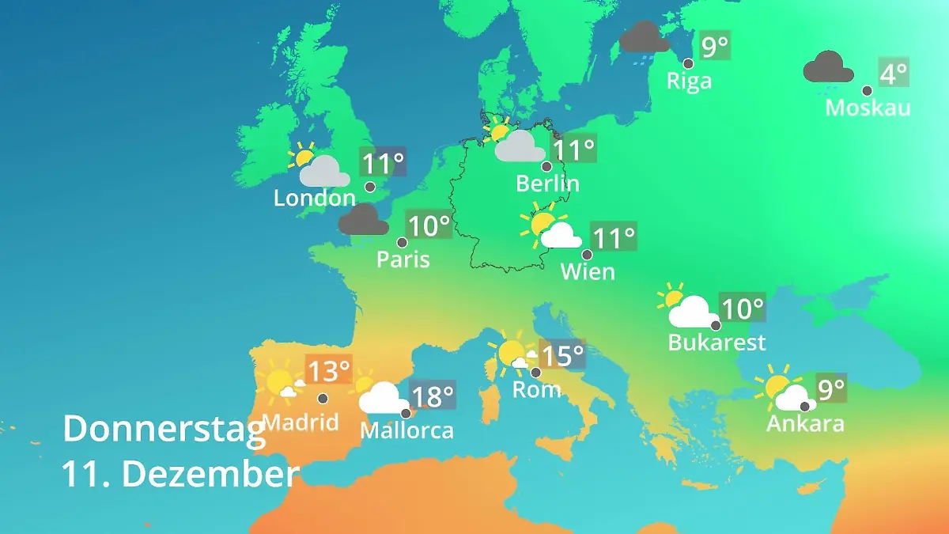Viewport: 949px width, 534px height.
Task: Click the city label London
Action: click(314, 198)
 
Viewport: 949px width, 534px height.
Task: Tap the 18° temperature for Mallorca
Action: click(433, 395)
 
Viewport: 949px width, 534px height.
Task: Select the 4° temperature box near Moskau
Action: click(893, 74)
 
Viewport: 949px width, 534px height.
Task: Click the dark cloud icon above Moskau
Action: click(828, 68)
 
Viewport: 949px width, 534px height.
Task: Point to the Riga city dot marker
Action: click(688, 63)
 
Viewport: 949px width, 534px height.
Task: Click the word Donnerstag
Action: click(164, 429)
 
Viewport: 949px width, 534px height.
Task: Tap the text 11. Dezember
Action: click(181, 474)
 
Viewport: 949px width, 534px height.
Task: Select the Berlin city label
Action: click(547, 184)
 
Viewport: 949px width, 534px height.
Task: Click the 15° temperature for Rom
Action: click(561, 355)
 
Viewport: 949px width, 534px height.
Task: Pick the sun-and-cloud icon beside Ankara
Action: click(783, 391)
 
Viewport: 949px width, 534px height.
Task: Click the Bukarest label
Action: click(717, 343)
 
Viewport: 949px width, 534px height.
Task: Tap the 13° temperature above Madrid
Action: click(328, 370)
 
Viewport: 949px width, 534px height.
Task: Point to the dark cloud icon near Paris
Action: click(364, 220)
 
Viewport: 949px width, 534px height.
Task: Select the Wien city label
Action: click(588, 272)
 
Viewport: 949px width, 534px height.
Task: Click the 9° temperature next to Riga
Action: click(715, 46)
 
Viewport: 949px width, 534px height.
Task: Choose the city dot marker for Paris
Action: click(402, 243)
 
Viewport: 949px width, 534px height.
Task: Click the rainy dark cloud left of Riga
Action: click(645, 38)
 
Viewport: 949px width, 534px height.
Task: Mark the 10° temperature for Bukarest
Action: click(743, 308)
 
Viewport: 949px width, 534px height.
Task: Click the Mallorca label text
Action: click(406, 430)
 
